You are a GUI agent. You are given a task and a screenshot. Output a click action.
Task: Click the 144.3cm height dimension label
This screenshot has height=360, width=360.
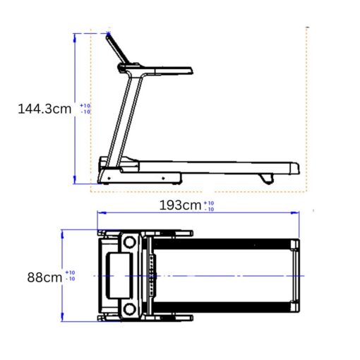[x=44, y=109]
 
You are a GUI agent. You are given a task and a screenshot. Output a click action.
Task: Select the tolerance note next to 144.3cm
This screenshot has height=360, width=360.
[x=85, y=109]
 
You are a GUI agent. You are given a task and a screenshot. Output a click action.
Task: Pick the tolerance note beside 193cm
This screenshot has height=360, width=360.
[x=209, y=206]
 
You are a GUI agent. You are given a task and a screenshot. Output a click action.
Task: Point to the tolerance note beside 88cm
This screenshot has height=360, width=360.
[x=70, y=276]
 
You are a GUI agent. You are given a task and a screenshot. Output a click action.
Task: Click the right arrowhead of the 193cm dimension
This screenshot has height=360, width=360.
[x=296, y=212]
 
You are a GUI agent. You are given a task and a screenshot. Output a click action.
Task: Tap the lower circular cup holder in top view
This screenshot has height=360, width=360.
[x=128, y=309]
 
